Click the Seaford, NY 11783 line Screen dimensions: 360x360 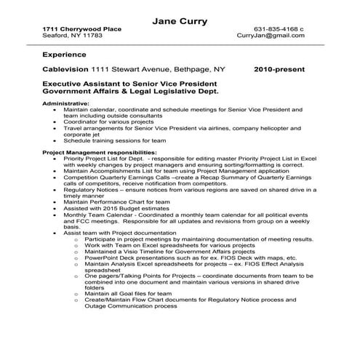point(71,35)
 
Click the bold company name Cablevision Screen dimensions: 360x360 point(65,70)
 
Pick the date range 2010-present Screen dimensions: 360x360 point(280,70)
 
